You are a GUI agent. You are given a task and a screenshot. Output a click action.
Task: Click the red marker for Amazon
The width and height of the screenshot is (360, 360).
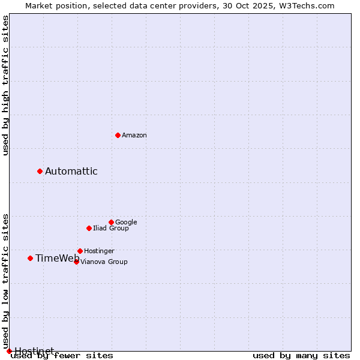118,135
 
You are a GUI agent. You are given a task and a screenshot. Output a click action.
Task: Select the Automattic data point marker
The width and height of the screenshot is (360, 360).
40,171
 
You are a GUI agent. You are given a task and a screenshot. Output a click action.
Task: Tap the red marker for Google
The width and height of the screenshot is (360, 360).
111,222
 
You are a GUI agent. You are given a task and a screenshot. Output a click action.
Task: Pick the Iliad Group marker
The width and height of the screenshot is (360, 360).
89,228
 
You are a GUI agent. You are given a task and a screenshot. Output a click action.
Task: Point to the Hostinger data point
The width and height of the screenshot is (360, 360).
80,251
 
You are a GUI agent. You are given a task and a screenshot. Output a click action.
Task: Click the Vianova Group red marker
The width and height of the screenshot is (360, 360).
76,262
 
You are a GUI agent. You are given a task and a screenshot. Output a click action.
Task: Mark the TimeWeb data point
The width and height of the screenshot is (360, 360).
30,258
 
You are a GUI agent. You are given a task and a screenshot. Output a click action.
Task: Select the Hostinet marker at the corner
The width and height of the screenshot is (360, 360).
9,351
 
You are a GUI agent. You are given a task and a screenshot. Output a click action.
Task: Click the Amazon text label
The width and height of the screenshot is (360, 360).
134,136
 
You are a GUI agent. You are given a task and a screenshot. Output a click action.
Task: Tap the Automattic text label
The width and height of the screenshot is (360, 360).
71,172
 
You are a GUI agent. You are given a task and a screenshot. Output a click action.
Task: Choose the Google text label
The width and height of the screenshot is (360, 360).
126,223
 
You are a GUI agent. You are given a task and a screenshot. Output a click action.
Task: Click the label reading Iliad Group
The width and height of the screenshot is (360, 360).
111,229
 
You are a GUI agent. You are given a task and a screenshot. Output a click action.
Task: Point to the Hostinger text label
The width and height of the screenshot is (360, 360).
99,251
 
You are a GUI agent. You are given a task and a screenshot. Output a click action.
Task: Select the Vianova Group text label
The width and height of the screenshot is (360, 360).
104,262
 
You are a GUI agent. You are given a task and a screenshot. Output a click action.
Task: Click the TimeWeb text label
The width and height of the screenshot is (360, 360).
57,259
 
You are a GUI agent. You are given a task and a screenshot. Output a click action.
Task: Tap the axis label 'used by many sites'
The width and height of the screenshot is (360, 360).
301,356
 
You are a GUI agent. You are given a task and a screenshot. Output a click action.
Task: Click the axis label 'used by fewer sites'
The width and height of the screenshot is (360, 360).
62,356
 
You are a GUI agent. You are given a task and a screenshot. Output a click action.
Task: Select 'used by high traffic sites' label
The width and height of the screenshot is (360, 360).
6,85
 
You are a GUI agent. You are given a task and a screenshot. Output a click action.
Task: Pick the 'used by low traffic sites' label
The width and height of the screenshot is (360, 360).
6,281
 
